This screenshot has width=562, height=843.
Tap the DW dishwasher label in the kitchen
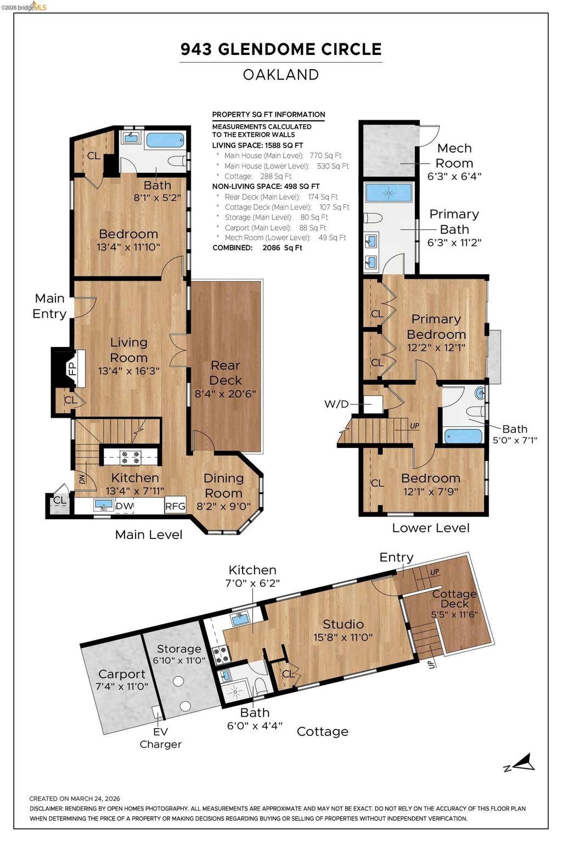point(124,506)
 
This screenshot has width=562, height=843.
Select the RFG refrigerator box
point(176,506)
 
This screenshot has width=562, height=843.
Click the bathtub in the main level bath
point(165,140)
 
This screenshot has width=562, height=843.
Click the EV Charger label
point(160,738)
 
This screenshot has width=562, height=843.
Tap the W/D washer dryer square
point(373,404)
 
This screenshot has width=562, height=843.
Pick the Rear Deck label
point(225,373)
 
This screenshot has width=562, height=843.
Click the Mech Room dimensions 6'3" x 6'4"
point(454,176)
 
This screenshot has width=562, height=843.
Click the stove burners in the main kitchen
point(131,457)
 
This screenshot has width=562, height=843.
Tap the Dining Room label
point(223,486)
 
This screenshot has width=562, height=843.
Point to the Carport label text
point(122,673)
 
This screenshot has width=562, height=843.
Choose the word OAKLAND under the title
point(281,75)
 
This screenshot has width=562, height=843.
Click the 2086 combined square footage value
point(271,248)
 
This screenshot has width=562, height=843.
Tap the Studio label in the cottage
point(343,624)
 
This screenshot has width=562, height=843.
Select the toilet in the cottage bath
point(260,685)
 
